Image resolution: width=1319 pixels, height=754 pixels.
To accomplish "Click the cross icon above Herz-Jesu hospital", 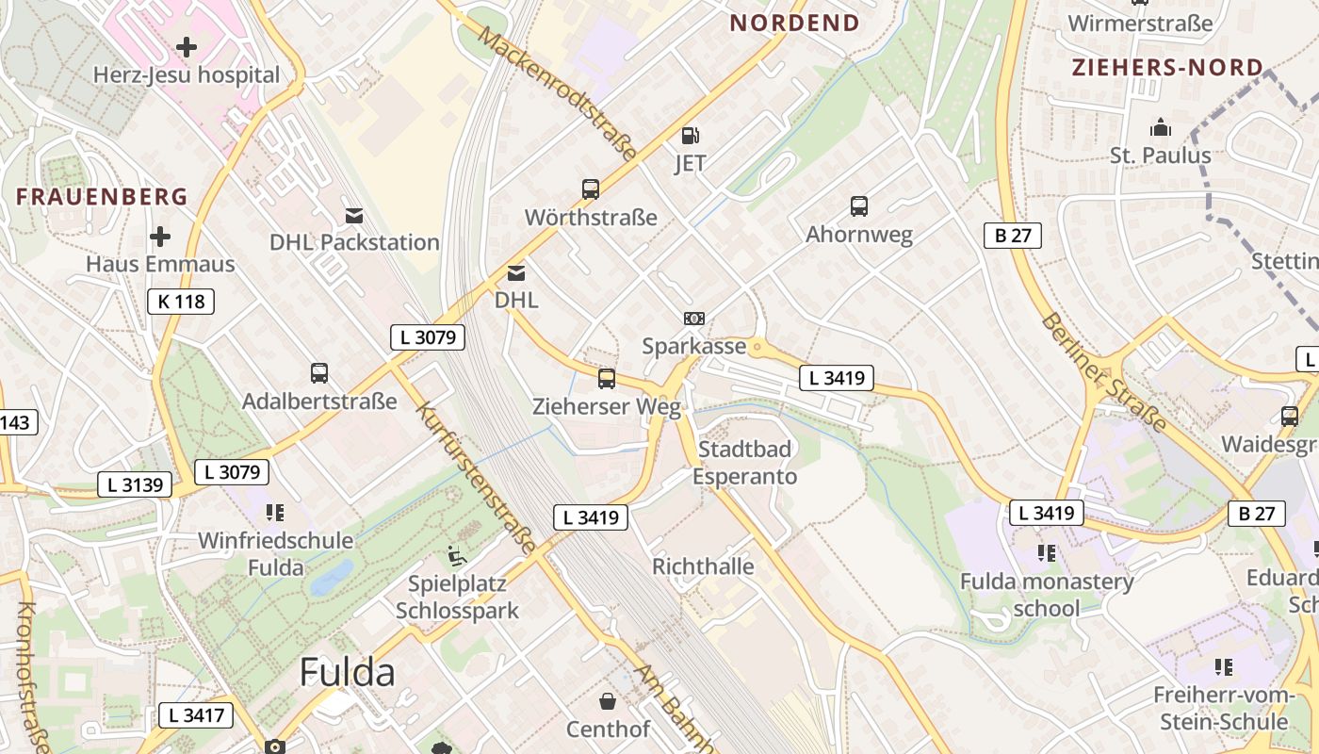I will click(x=187, y=46).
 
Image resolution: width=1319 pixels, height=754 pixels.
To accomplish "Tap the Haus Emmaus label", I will click(x=160, y=264).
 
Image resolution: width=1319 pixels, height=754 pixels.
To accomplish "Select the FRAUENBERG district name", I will click(x=103, y=196).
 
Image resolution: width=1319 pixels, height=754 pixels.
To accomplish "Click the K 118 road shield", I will click(x=181, y=302).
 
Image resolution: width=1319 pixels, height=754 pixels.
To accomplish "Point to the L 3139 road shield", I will click(x=136, y=485).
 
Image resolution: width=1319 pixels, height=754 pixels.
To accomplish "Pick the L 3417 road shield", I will click(x=196, y=715).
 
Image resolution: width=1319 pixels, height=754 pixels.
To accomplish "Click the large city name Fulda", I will click(x=348, y=673).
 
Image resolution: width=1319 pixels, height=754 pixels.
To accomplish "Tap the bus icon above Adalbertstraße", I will click(x=319, y=373).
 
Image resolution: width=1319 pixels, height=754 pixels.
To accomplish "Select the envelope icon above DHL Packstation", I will click(x=354, y=216).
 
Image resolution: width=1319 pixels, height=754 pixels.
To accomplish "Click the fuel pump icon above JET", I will click(x=691, y=136).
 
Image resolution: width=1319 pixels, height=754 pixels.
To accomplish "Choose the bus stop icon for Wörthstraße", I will click(x=591, y=189).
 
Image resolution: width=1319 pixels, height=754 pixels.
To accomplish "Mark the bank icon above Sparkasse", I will click(x=694, y=320).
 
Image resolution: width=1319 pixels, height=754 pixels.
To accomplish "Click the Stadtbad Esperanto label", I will click(x=744, y=463).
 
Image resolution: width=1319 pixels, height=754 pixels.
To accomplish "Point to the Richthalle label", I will click(x=703, y=566).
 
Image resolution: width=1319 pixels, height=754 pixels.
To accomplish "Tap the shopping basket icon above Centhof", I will click(x=608, y=702).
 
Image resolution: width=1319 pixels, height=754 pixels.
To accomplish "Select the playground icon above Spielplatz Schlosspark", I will click(x=457, y=555).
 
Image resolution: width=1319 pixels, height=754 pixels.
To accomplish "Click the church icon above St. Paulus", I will click(x=1160, y=127).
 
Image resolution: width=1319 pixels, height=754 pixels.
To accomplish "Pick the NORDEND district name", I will click(x=794, y=23).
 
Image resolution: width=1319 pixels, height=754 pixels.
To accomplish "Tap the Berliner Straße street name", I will click(x=1103, y=371).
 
